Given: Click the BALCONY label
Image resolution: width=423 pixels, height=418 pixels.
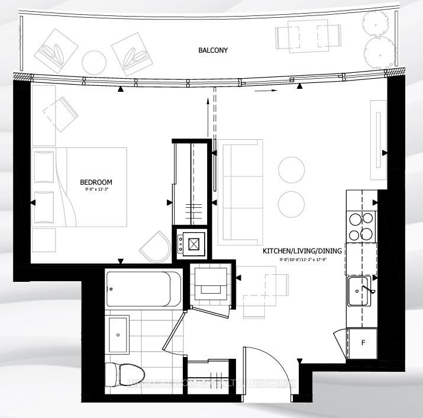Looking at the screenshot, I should coord(213,51).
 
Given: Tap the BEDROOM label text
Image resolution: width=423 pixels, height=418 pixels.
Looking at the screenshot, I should coord(96,182).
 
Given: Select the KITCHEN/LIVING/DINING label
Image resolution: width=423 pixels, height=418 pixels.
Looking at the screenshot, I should coord(302,251).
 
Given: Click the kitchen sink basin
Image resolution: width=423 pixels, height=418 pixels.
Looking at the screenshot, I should coord(359,291).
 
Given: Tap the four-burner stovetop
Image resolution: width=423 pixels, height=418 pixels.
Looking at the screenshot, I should coord(361,225).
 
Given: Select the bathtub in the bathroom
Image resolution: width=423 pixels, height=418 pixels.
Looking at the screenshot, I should coord(144,289).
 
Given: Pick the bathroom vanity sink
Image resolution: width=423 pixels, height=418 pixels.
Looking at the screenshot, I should coord(119,335).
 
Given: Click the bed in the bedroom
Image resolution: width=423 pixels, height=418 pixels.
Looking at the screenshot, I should coord(80,187).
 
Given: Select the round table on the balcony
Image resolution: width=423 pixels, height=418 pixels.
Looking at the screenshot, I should coord(93,62).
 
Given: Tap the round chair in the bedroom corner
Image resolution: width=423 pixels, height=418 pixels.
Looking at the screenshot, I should coord(154,245).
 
